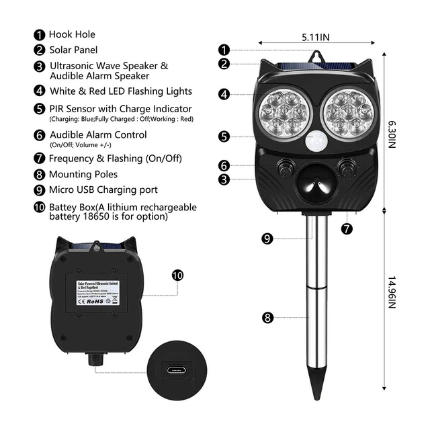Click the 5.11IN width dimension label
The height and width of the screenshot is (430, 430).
(x=316, y=38)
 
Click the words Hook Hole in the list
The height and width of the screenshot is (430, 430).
(x=72, y=34)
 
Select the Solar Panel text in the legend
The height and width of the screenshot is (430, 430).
(x=73, y=50)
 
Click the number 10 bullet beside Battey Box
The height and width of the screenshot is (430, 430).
(x=39, y=207)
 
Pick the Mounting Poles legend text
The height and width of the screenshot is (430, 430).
(x=84, y=174)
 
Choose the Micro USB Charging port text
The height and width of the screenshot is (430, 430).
(x=103, y=190)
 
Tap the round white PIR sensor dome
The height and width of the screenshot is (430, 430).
(x=314, y=143)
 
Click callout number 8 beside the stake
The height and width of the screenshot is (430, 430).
(x=267, y=318)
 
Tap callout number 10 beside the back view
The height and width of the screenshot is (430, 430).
(x=177, y=275)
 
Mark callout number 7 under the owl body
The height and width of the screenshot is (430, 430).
(x=347, y=228)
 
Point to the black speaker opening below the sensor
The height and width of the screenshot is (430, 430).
(x=313, y=183)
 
